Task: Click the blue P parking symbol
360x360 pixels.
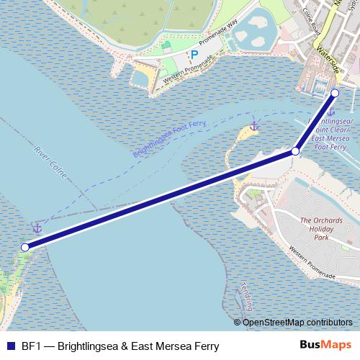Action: coord(193,55)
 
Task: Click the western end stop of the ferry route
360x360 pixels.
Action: coord(25,247)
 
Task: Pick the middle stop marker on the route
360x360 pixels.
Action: coord(295,151)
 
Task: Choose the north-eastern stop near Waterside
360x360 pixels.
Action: coord(335,93)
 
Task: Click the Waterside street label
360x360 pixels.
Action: coord(328,64)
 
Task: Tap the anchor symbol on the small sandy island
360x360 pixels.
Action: coord(253,127)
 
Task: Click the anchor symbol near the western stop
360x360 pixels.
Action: coord(37,228)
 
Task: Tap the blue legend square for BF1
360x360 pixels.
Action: coord(9,346)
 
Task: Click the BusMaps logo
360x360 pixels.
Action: coord(325,346)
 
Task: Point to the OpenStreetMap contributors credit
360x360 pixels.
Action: coord(297,323)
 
